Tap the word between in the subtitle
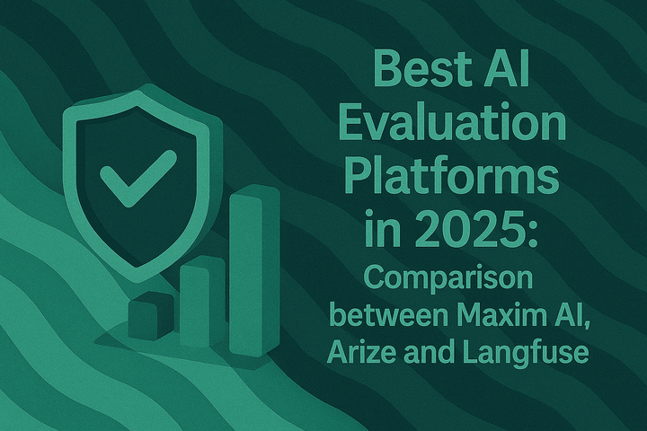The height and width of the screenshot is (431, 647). point(377,315)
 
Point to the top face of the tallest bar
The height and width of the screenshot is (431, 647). point(250,194)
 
